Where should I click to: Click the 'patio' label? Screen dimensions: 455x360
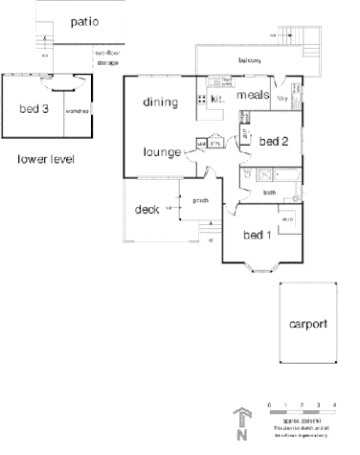[x=83, y=21]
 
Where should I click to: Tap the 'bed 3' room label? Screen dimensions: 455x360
[x=33, y=106]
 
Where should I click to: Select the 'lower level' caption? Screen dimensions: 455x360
[x=46, y=158]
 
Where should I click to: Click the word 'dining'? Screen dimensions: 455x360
[x=162, y=102]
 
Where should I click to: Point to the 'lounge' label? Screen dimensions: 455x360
[x=162, y=150]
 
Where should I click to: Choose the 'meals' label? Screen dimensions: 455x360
[x=252, y=94]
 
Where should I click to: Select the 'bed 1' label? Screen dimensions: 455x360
[x=257, y=235]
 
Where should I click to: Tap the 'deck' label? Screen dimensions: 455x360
[x=146, y=209]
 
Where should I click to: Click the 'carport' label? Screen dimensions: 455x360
[x=308, y=323]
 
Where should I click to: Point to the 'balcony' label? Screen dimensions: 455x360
[x=251, y=59]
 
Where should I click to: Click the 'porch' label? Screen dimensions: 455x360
[x=201, y=200]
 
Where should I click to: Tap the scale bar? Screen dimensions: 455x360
[x=301, y=410]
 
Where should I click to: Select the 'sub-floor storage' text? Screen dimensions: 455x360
[x=105, y=58]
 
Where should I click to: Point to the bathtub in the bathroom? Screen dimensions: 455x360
[x=278, y=175]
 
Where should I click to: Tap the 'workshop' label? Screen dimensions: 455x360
[x=78, y=111]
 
